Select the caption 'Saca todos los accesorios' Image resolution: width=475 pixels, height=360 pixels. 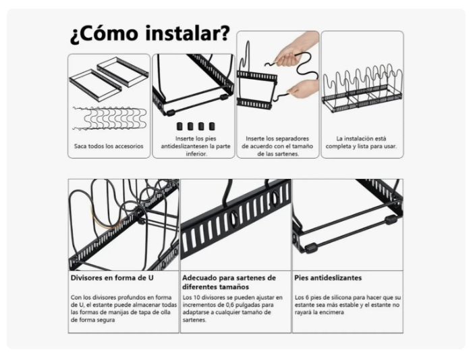109,146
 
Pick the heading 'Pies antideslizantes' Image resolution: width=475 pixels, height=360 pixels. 328,278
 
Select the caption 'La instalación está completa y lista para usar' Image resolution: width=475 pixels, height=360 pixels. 362,143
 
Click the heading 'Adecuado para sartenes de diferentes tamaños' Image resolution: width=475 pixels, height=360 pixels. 229,282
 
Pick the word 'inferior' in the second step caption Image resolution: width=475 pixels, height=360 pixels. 194,153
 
